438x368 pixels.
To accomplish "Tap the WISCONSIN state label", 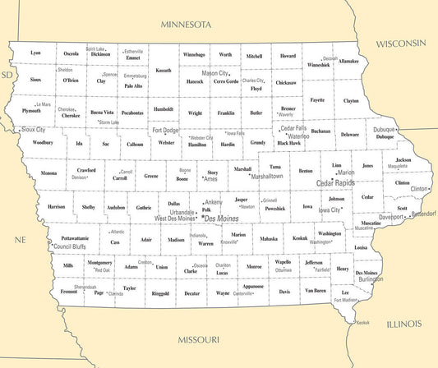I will pos(401,43).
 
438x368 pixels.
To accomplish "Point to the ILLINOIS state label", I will pos(393,324).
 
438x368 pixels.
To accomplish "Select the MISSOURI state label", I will pos(199,339).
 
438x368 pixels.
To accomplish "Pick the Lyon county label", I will pos(35,53).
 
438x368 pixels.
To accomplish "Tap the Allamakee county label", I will pos(348,61).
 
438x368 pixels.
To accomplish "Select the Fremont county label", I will pos(69,292).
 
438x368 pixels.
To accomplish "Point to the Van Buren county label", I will pos(314,291).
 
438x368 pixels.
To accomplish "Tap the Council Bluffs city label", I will pos(68,246).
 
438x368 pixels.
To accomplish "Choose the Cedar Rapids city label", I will pos(336,183).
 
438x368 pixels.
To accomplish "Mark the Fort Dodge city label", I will pos(165,130).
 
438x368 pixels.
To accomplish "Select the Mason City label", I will pos(215,73).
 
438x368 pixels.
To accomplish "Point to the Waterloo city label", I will pos(297,136).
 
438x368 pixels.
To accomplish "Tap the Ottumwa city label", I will pos(283,269).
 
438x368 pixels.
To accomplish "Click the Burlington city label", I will pos(370,279).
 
